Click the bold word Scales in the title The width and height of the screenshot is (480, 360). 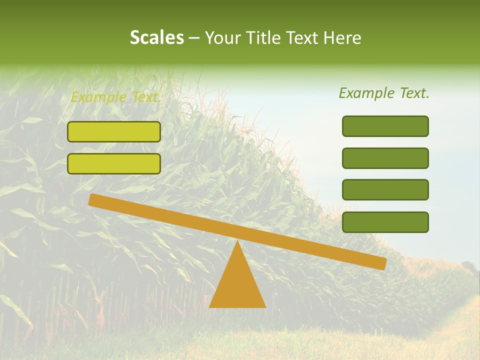coord(157,37)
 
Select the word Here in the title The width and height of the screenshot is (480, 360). coord(343,37)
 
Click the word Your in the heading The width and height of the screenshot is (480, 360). coord(223,37)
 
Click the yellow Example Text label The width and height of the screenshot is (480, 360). coord(115,97)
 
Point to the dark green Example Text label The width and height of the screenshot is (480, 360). coord(384,93)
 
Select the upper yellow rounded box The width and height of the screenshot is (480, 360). coord(114,131)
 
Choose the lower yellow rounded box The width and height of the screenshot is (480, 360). coord(114,163)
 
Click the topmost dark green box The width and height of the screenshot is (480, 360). coord(385,126)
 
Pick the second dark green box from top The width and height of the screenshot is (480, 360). coord(385,158)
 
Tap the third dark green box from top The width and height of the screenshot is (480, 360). coord(385,190)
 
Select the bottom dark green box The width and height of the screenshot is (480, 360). coord(385,222)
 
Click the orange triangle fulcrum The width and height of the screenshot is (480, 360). coord(237,285)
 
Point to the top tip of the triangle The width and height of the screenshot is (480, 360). coord(237,241)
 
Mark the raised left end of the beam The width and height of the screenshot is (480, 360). coord(93,200)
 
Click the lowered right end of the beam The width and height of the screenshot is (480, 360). coord(382,263)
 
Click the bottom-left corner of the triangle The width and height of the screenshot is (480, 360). coord(210,307)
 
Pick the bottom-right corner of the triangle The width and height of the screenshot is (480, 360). coord(265,307)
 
